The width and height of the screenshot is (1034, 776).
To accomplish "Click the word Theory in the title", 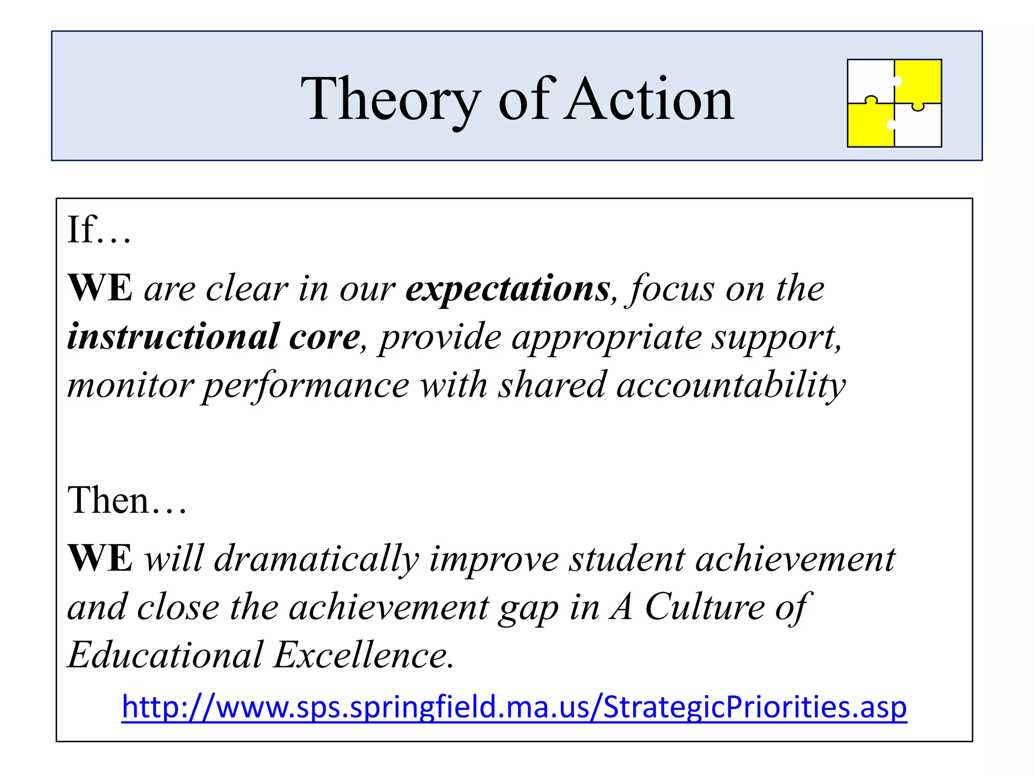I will click(x=390, y=100).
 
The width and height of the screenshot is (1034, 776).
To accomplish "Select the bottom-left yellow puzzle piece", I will click(x=869, y=126).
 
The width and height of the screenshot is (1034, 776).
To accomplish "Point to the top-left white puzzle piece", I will click(x=870, y=78).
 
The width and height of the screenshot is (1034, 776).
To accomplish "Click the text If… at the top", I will click(x=99, y=230).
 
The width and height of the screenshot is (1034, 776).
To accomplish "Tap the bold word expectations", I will click(x=508, y=289).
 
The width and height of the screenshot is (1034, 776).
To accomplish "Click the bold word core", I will click(x=324, y=337).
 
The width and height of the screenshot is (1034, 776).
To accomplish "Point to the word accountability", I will click(x=731, y=385).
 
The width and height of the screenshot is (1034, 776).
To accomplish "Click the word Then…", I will click(x=127, y=500).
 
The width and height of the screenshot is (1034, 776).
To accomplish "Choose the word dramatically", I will click(x=317, y=559).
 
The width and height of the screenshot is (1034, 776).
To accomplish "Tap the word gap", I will click(x=528, y=607).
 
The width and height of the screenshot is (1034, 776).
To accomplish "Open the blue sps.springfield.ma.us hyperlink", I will click(x=514, y=707).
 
